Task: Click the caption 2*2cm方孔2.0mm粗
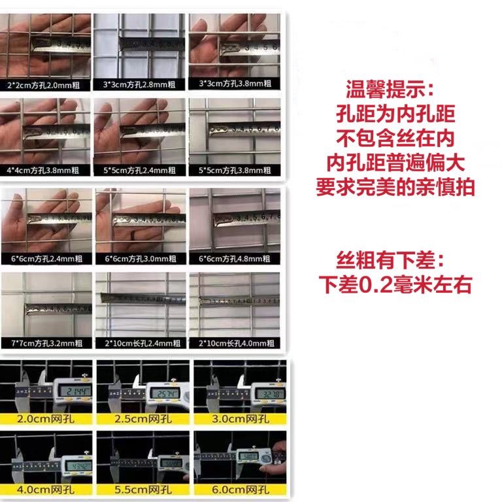pos(45,85)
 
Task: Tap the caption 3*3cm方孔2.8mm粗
pos(140,85)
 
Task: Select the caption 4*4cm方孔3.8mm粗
pos(45,170)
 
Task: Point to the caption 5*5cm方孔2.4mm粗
pos(140,170)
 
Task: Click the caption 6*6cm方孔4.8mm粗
pos(234,259)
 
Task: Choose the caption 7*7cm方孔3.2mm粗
pos(45,343)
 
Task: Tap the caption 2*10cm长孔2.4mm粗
pos(140,343)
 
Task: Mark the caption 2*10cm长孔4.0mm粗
pos(234,343)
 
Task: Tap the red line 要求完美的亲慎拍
pos(395,188)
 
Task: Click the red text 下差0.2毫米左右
pos(395,286)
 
